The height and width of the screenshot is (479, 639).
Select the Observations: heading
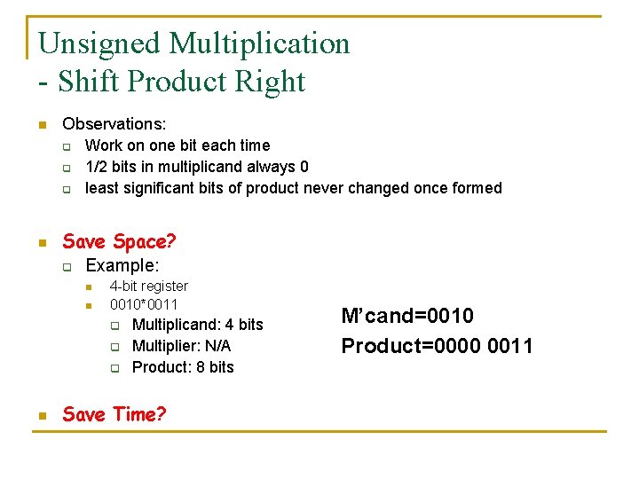[114, 124]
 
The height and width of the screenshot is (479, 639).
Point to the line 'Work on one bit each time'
[177, 145]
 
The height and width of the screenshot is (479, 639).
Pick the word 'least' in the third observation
[102, 188]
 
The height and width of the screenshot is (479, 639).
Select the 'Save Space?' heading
[119, 241]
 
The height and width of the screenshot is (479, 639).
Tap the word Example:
[122, 266]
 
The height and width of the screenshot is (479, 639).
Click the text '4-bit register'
[148, 286]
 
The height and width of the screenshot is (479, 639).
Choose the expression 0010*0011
[144, 304]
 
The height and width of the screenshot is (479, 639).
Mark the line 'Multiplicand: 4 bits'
[197, 325]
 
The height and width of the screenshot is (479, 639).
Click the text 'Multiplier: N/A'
[181, 346]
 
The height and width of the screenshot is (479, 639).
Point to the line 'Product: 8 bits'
[183, 367]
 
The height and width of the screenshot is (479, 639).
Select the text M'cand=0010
[407, 316]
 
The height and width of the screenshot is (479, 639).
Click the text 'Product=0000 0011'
[437, 345]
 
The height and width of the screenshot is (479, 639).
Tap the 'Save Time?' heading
[114, 414]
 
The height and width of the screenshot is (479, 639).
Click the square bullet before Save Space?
[41, 242]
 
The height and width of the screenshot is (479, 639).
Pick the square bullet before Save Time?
[41, 415]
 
